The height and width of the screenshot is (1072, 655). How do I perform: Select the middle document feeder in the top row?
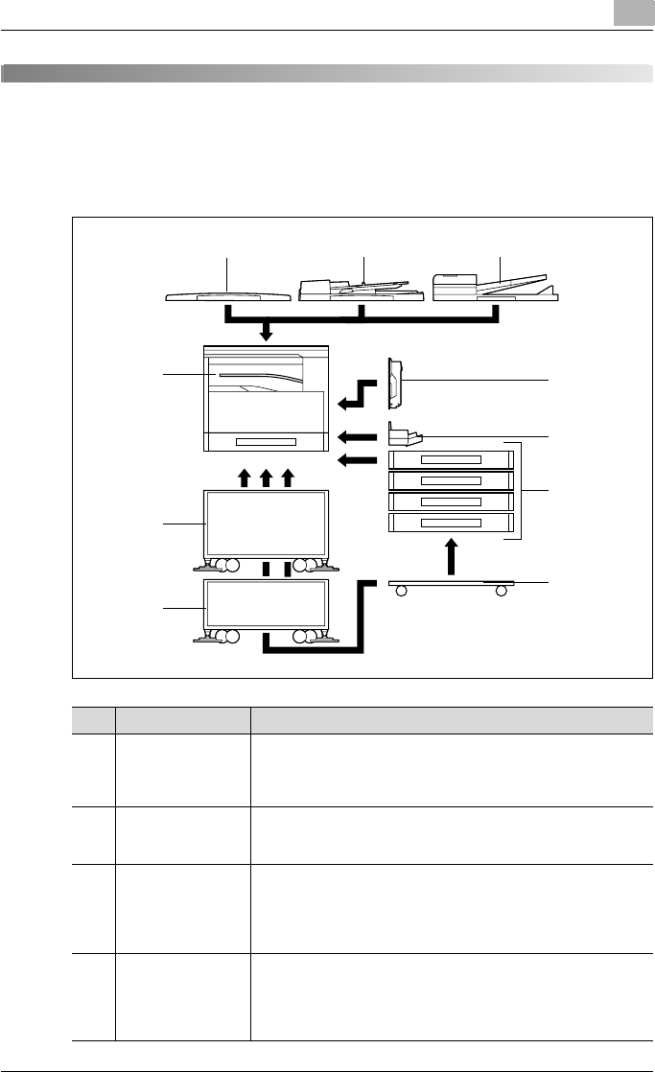[x=362, y=291]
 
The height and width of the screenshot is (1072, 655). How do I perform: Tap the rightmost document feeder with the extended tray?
[x=494, y=288]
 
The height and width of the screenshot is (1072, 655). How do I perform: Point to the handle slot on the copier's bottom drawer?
[x=267, y=441]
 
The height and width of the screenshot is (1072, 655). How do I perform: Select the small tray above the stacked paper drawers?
[x=406, y=436]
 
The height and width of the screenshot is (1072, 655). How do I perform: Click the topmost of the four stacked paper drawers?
[x=451, y=459]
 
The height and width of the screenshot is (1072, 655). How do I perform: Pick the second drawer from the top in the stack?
[x=451, y=480]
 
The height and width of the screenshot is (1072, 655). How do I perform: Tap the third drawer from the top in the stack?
[x=451, y=501]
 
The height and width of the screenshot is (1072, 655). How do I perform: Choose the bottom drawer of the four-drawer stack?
[x=451, y=524]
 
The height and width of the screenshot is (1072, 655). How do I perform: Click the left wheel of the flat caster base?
[x=401, y=591]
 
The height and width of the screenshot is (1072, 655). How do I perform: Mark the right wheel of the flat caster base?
[x=501, y=591]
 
